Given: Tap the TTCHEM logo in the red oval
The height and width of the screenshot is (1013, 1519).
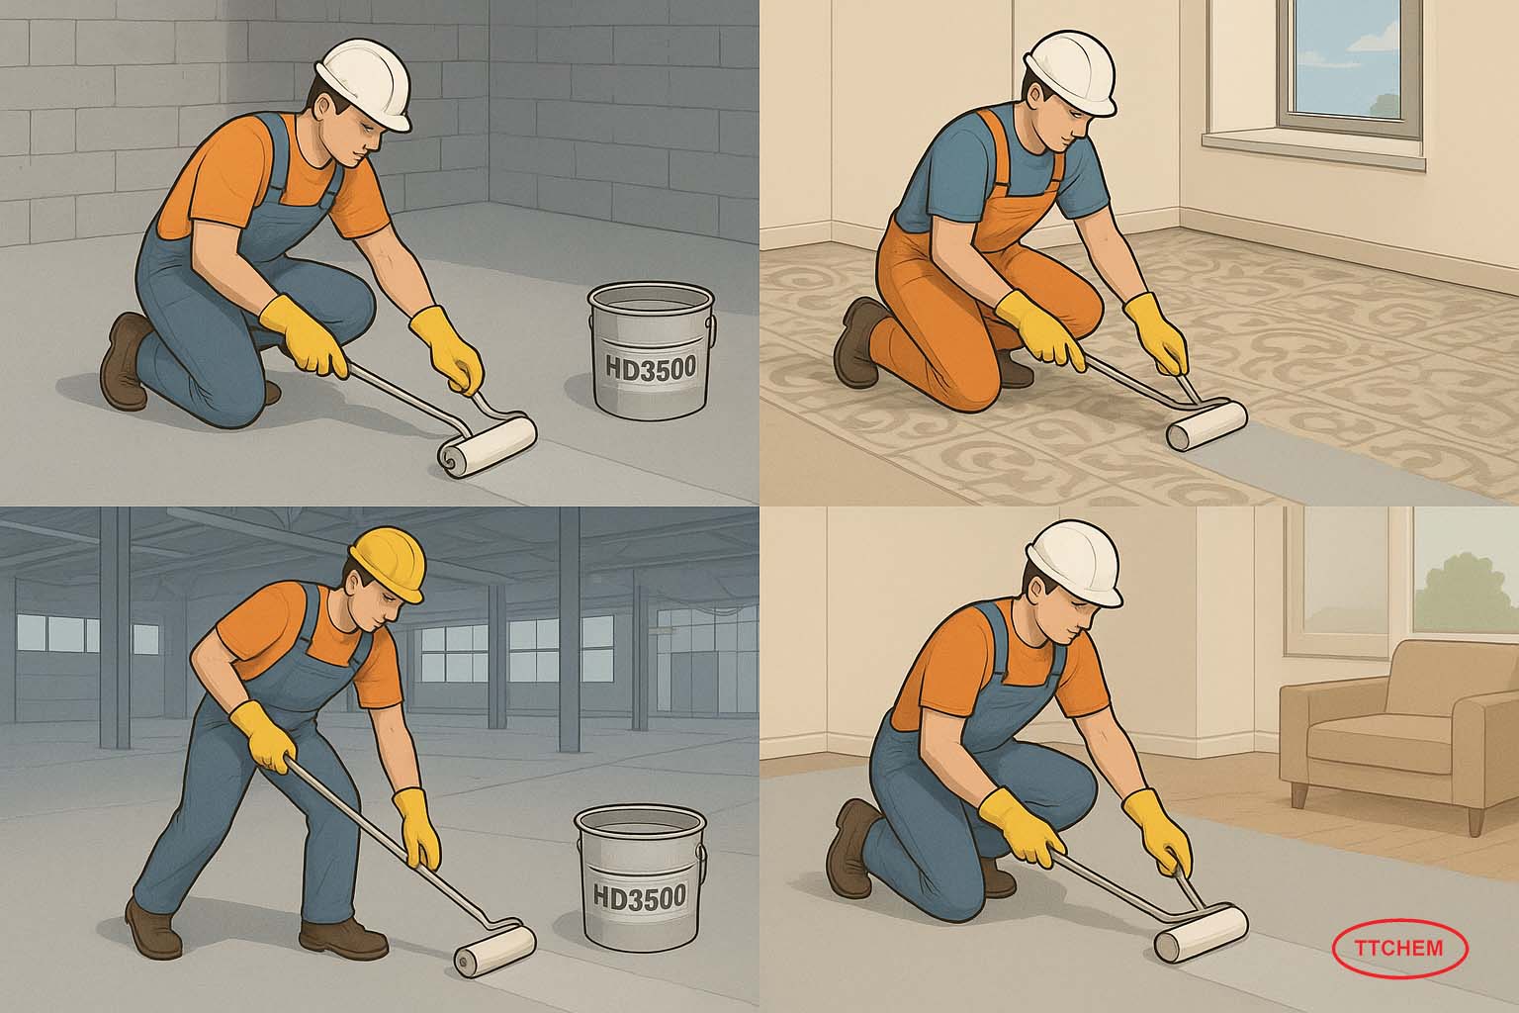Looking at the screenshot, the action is pos(1399,948).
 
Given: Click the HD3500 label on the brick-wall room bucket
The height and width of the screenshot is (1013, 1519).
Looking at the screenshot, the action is pos(651,368).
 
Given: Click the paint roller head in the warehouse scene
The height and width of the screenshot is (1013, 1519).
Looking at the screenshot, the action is pos(495,950).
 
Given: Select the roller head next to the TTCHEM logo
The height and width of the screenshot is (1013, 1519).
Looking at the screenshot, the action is pos(1202,934).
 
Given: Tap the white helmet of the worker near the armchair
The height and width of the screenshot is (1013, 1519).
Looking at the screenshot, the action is pos(1076,563).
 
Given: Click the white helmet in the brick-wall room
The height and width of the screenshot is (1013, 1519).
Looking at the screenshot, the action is pos(366,83).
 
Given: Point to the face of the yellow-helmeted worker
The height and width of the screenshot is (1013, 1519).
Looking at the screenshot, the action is pos(378,605).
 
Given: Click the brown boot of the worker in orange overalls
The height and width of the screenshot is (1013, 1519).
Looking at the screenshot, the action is pos(857,341).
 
